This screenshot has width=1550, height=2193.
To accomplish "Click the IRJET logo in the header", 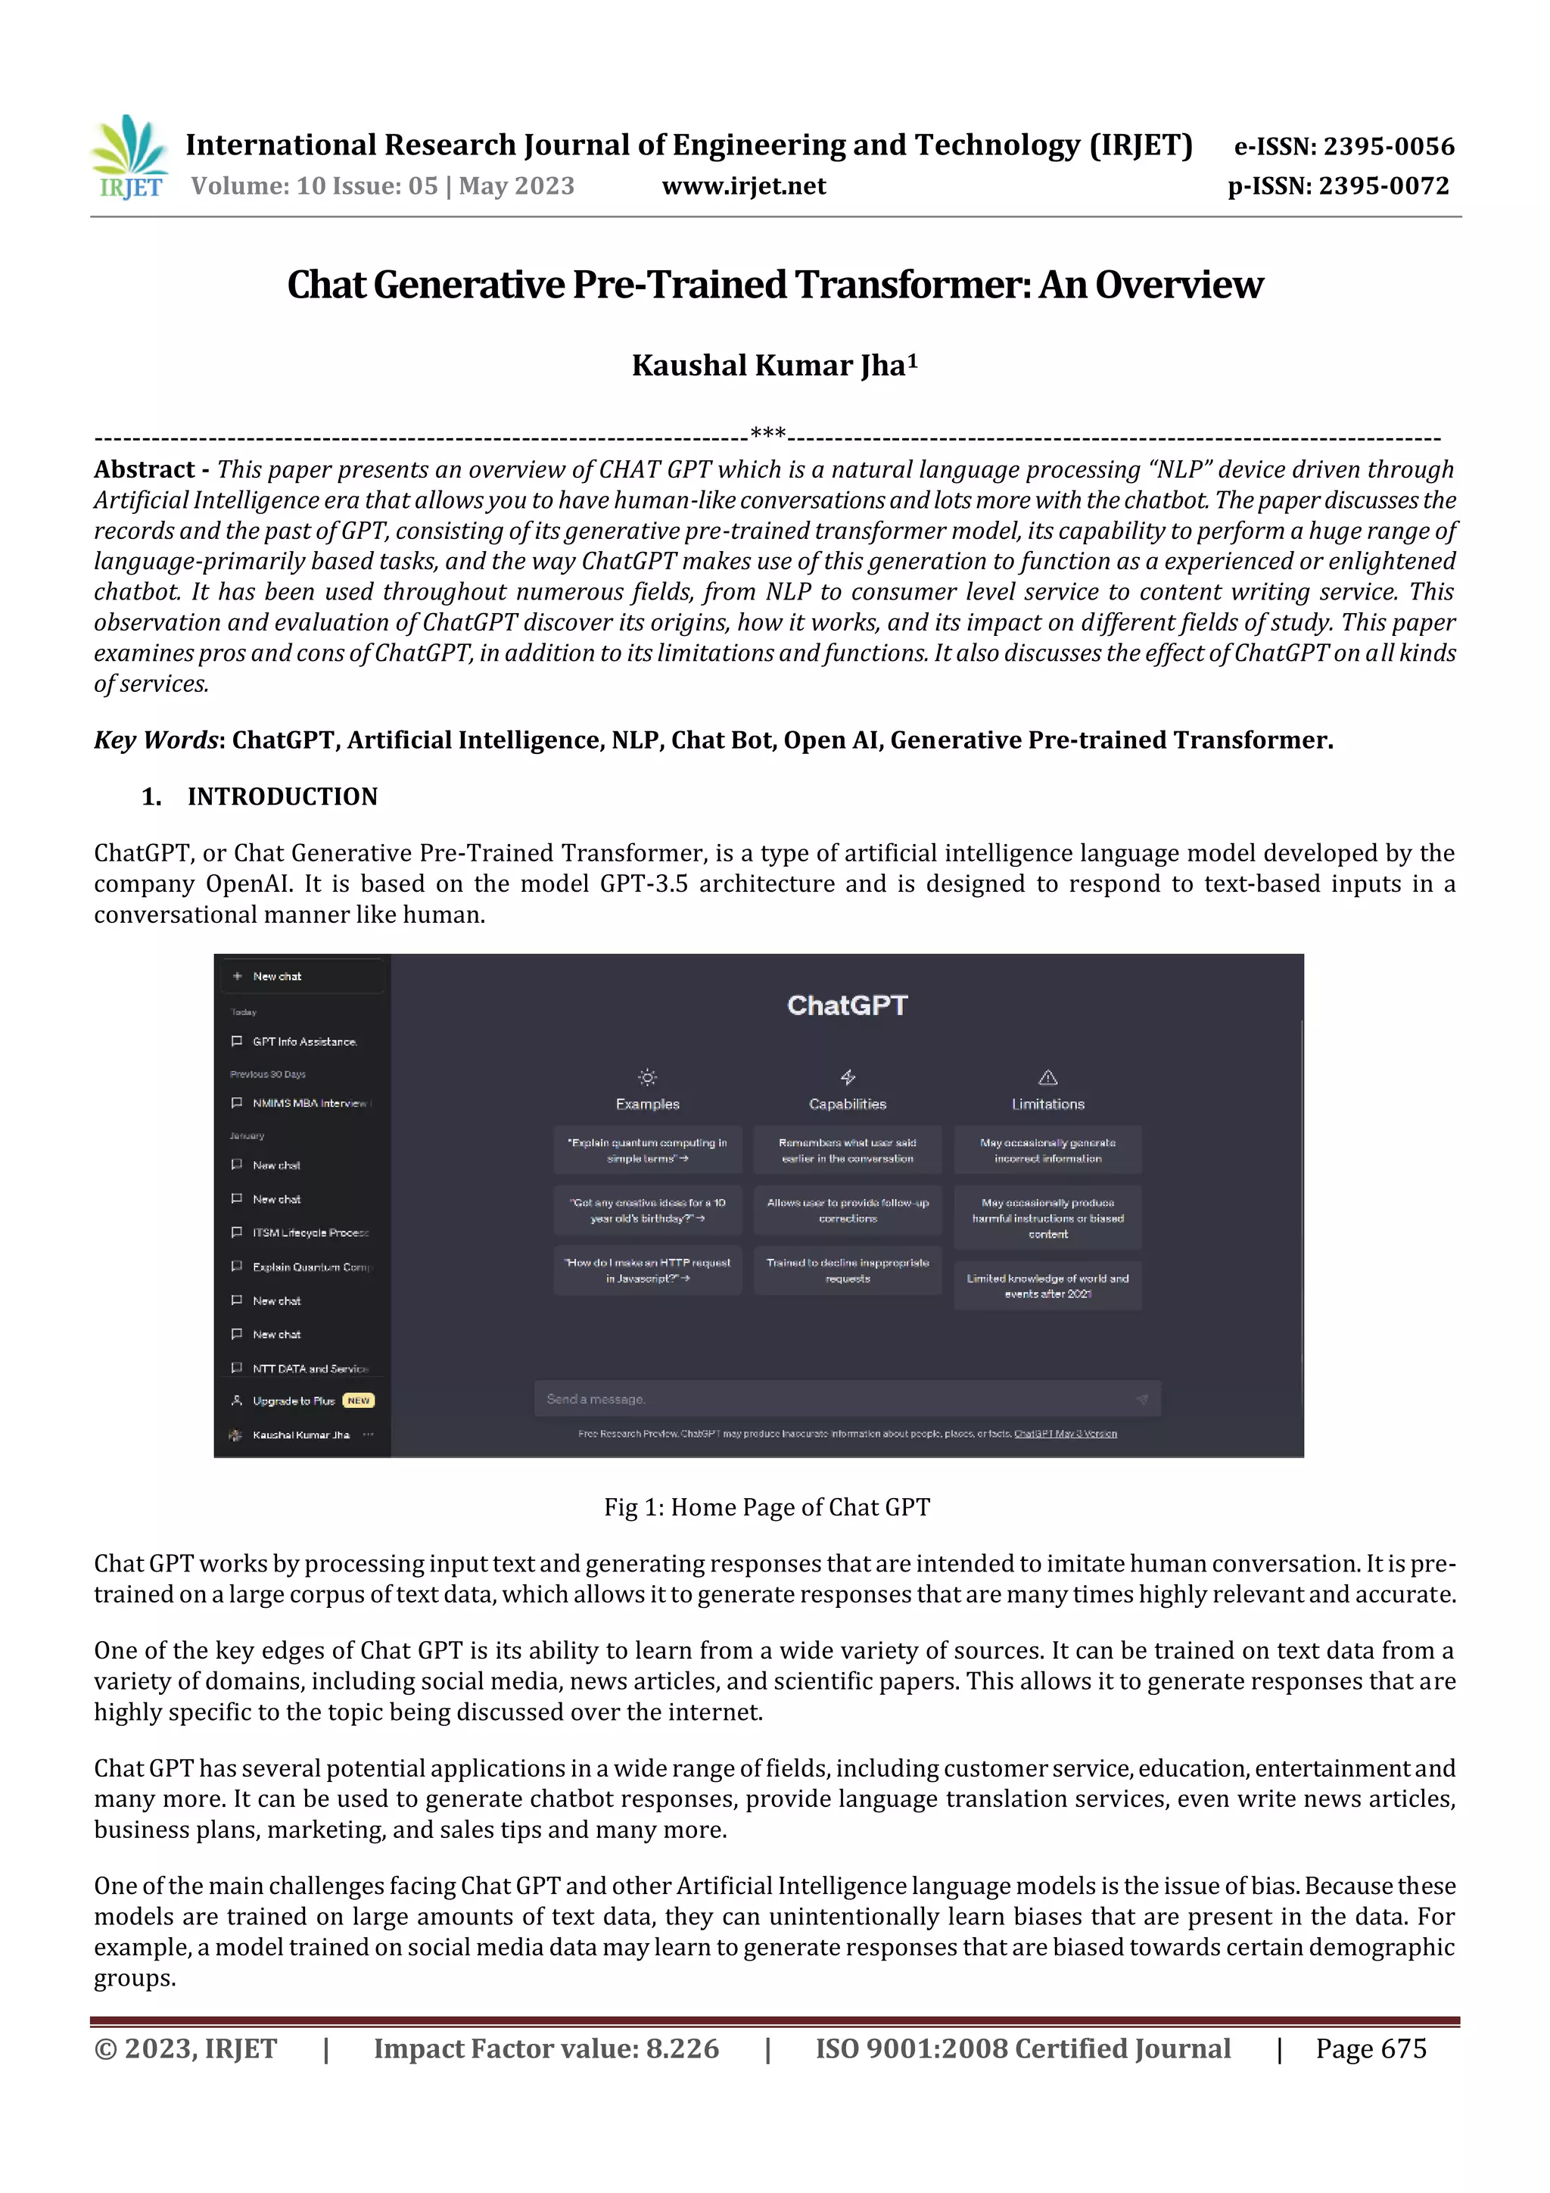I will tap(129, 157).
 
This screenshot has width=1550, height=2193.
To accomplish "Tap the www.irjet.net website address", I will tap(743, 185).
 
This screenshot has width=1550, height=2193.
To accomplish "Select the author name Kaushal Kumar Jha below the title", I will tap(773, 366).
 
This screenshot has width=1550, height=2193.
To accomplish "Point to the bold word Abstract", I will tap(145, 470).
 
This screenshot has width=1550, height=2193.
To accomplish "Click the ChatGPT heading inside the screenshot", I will tap(846, 1006).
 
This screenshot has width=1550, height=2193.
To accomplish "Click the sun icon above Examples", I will tap(648, 1077).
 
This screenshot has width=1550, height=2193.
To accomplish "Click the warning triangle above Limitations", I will tap(1047, 1077).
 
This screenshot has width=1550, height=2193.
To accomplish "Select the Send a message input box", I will tap(846, 1399).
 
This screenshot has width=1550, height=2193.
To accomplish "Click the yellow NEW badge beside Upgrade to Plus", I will tap(358, 1401).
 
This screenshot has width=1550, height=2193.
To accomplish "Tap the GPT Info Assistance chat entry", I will tap(303, 1042).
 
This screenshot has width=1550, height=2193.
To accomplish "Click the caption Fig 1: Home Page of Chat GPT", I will tap(766, 1507).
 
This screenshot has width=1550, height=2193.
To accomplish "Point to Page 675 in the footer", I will tap(1371, 2048).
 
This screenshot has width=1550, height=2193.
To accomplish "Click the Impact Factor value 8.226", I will tap(682, 2048).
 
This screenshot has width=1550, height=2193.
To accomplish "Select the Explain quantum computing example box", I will tap(648, 1150).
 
